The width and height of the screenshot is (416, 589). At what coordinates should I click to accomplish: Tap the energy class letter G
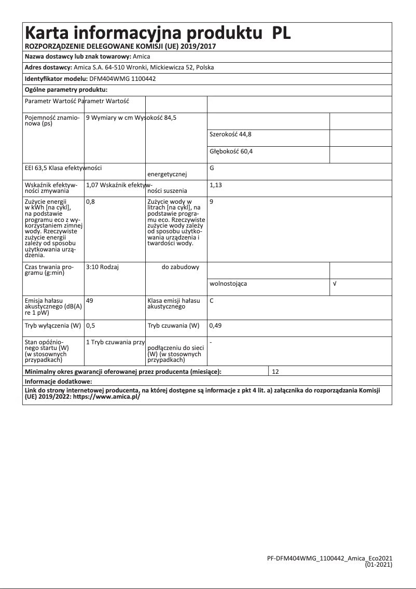pos(212,169)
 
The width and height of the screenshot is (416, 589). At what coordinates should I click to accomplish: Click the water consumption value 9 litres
pos(212,201)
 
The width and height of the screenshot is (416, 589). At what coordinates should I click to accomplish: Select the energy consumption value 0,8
pos(90,201)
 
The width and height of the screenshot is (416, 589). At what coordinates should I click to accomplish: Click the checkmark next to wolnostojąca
pos(335,284)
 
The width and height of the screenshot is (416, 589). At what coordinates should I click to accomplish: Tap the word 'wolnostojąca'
pos(228,284)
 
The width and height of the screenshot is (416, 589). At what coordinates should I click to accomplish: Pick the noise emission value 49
pos(90,300)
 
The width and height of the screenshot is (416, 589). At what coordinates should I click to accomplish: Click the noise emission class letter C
pos(212,300)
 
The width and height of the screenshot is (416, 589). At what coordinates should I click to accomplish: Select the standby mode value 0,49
pos(215,326)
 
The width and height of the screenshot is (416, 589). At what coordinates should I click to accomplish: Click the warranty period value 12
pos(275,372)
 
